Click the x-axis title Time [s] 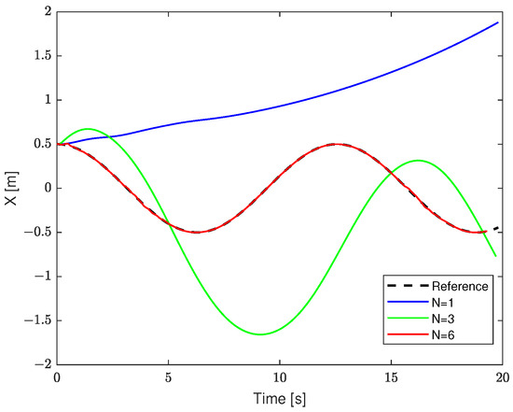[280, 398]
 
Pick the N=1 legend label [443, 301]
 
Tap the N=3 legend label [443, 317]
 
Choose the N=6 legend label [443, 333]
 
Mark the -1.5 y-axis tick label [36, 320]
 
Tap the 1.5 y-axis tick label [39, 55]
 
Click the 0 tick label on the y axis [46, 188]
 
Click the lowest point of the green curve [260, 334]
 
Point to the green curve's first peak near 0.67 [88, 129]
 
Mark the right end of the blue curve [499, 21]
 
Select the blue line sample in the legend [400, 301]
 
